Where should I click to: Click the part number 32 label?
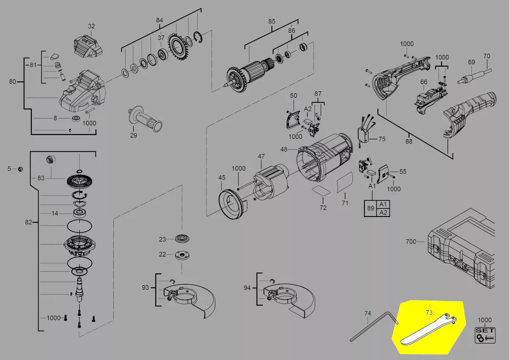[91, 26]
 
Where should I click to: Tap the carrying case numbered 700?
[461, 249]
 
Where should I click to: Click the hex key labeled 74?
[374, 327]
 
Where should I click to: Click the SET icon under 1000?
[485, 335]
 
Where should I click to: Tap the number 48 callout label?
[284, 149]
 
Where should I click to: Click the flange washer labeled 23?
[182, 239]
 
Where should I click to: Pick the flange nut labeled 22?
[182, 255]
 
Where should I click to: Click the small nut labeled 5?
[20, 169]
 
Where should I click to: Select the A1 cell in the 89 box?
[383, 204]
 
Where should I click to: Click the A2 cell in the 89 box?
[383, 212]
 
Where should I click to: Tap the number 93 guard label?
[145, 287]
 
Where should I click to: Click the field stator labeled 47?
[271, 183]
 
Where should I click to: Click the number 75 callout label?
[382, 139]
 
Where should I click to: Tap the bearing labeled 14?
[79, 214]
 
